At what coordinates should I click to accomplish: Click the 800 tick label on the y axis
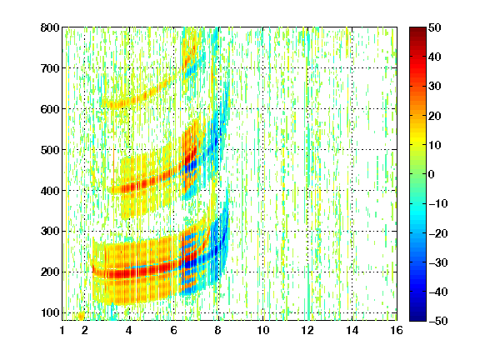(x=50, y=27)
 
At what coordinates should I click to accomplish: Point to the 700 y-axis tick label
(x=50, y=68)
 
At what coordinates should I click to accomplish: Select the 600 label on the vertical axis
(x=50, y=109)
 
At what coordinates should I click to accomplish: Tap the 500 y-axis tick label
(x=50, y=150)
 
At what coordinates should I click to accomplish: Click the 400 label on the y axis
(x=50, y=191)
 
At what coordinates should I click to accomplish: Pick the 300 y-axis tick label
(x=50, y=232)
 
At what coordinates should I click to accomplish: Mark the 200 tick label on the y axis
(x=50, y=272)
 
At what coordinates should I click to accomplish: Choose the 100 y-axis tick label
(x=50, y=312)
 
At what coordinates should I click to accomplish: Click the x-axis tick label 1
(x=62, y=330)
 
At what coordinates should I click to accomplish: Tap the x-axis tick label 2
(x=85, y=330)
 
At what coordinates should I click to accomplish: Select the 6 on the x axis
(x=174, y=330)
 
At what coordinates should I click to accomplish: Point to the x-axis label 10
(x=263, y=330)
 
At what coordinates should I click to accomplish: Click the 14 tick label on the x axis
(x=352, y=330)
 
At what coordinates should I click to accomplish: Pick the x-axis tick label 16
(x=397, y=330)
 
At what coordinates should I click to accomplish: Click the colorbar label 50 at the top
(x=435, y=27)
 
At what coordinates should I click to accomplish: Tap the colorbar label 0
(x=432, y=174)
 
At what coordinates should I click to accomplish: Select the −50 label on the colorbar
(x=438, y=321)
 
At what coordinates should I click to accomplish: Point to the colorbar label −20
(x=438, y=233)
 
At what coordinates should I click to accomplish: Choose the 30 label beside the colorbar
(x=435, y=87)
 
